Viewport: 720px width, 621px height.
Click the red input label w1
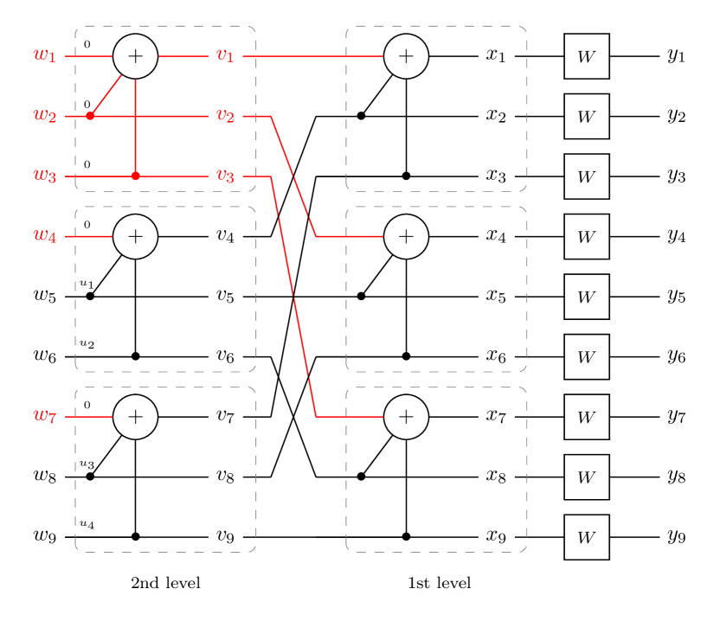point(45,55)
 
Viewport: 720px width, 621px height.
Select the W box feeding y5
point(587,297)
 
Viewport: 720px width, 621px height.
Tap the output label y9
point(677,536)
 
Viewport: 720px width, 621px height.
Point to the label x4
point(496,236)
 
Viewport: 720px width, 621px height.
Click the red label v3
point(225,176)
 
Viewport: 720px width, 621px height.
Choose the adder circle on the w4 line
point(136,236)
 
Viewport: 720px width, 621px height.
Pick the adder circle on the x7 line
point(406,417)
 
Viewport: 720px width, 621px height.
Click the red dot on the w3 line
point(136,176)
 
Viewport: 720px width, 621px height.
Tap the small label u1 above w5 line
point(87,284)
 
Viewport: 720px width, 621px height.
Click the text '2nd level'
point(166,583)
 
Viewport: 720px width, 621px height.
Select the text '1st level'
point(440,583)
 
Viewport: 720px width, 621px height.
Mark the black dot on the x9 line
point(406,536)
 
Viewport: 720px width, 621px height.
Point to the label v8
point(225,477)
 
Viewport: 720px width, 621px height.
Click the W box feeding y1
point(587,56)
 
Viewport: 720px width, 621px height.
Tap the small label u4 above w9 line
point(87,524)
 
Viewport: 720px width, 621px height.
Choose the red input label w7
point(45,416)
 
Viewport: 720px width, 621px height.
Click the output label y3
point(677,176)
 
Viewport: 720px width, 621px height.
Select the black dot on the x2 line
point(362,116)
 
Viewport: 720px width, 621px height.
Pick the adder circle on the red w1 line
point(136,56)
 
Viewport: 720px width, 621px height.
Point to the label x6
point(496,356)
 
